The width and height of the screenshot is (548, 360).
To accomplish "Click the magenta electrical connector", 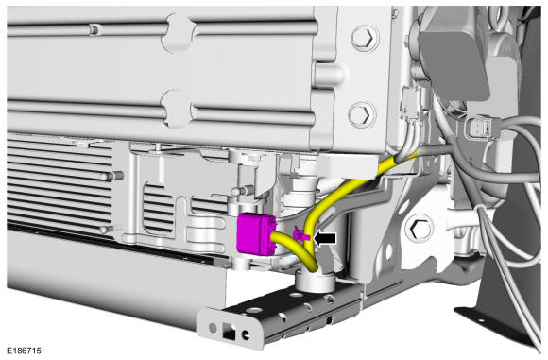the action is click(x=256, y=233).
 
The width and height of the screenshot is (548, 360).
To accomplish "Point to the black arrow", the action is click(x=325, y=239).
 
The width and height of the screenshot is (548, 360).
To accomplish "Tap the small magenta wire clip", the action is click(x=301, y=235).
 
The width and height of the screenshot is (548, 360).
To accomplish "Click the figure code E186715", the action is click(x=25, y=351).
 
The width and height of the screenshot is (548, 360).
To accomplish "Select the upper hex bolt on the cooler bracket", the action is click(x=365, y=38).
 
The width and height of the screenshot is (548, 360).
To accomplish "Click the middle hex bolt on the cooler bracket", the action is click(x=362, y=114).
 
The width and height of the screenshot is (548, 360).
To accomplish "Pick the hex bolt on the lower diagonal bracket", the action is click(x=419, y=229).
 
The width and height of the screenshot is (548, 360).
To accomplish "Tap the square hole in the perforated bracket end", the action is click(x=229, y=332).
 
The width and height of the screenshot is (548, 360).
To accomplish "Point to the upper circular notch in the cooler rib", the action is click(x=180, y=32).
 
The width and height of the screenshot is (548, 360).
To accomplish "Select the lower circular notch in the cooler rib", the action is click(x=178, y=109).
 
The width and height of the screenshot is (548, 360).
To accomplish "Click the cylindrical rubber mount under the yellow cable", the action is click(x=315, y=281).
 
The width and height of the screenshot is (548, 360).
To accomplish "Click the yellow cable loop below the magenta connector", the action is click(x=297, y=251).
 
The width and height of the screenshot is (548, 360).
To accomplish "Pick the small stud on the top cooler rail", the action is click(x=94, y=29).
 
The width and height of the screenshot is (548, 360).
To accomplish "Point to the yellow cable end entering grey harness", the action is click(x=405, y=157).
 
